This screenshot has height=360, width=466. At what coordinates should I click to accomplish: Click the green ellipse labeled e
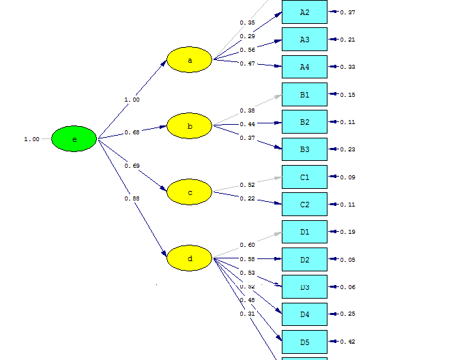coord(74,139)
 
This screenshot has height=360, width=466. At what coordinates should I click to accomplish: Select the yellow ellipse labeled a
coord(190,60)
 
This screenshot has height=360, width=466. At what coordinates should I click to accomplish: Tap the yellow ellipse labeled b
coord(190,126)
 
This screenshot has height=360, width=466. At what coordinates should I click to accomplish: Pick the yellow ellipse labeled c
coord(190,192)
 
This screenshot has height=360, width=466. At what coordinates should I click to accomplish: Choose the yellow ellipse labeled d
coord(190,258)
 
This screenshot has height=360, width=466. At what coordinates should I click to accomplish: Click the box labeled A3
coord(304,40)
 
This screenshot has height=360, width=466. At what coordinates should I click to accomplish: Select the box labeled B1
coord(304,95)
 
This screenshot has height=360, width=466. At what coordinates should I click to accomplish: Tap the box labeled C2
coord(304,205)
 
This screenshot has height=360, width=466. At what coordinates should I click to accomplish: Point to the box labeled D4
coord(304,314)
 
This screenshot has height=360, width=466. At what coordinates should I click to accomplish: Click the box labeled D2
coord(304,260)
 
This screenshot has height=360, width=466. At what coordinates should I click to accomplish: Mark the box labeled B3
coord(304,149)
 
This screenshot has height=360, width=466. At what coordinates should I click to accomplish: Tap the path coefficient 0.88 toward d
coord(132,198)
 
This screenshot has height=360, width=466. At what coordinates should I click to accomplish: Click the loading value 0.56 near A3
coord(247,50)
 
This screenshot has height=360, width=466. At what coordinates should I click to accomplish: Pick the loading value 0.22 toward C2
coord(247,198)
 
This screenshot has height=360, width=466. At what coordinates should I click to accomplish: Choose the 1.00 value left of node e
coord(31,140)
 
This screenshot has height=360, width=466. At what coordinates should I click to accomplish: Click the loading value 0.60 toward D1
coord(247,245)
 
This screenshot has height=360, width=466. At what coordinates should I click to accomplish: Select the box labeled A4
coord(304,67)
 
